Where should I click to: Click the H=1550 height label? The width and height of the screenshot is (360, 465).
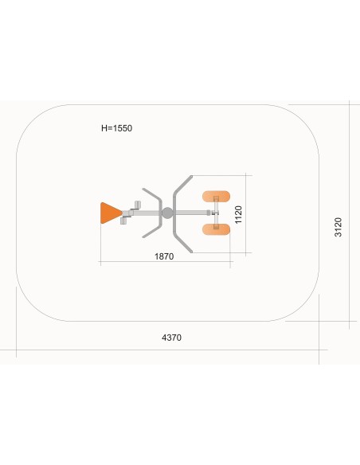click(116, 128)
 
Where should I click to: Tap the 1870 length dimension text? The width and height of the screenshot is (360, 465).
click(164, 256)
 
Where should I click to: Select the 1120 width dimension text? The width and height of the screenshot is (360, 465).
click(238, 214)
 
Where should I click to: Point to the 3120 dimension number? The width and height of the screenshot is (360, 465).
click(338, 227)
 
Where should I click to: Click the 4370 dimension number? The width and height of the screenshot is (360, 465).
click(171, 338)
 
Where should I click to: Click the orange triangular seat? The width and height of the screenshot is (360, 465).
click(110, 213)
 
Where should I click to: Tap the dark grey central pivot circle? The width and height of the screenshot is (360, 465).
click(167, 213)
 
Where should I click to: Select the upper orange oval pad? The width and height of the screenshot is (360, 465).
click(216, 197)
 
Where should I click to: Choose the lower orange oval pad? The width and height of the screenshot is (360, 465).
click(216, 229)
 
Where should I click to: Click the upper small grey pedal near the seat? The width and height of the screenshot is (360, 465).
click(138, 205)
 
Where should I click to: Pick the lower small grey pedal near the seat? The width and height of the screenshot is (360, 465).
click(123, 221)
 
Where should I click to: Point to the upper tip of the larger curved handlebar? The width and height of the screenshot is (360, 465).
click(192, 177)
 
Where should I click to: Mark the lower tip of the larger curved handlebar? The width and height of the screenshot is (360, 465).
click(191, 252)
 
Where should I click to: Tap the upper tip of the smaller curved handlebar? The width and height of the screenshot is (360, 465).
click(143, 189)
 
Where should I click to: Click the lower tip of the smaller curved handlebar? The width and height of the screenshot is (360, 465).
click(143, 236)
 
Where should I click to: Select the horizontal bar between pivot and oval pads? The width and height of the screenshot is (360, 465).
click(191, 213)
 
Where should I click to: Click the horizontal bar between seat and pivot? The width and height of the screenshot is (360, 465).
click(146, 213)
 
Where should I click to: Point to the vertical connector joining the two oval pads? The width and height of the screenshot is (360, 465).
click(216, 213)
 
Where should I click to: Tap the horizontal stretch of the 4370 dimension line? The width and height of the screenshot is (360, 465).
click(164, 350)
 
